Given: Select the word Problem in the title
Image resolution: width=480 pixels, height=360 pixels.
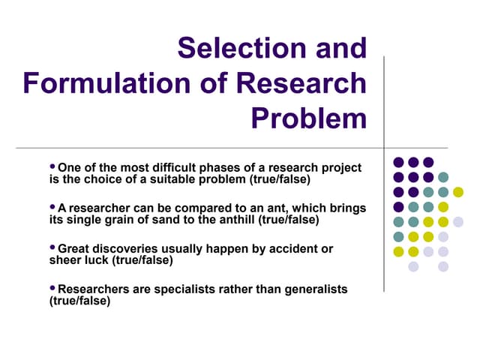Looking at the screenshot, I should click(x=308, y=118).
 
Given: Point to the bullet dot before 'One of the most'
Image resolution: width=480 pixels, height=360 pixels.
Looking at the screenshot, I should click(x=52, y=166).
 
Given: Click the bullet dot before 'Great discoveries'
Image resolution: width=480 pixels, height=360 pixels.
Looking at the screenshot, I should click(x=52, y=247).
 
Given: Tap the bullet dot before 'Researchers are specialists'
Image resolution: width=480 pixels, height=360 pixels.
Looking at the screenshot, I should click(x=52, y=287).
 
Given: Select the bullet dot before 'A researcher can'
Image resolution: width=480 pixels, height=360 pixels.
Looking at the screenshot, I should click(x=52, y=206).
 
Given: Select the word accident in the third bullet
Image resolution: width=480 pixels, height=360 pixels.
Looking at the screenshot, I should click(x=285, y=248).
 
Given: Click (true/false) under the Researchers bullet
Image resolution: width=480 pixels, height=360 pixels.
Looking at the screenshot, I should click(x=79, y=301).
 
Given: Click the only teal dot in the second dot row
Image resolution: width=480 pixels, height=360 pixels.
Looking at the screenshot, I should click(x=443, y=177).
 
